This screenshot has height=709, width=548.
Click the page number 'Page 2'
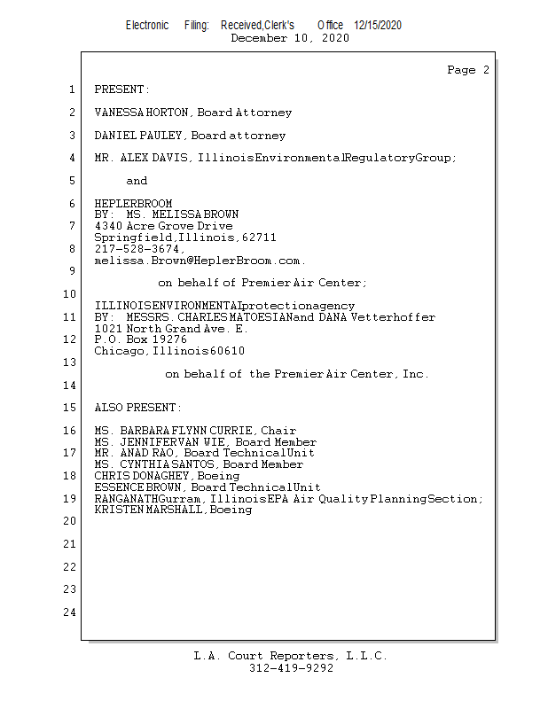coord(468,70)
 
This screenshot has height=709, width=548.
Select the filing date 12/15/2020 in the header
coord(378,26)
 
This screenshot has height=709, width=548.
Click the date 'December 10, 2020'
coord(290,38)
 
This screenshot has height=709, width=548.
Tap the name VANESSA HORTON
coord(142,113)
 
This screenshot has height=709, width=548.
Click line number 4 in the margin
coord(71,158)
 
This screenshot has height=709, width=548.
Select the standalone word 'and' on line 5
coord(137,181)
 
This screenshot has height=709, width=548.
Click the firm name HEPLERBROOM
coord(133,204)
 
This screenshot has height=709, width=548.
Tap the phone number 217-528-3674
coord(137,249)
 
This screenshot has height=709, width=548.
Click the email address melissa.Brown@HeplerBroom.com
coord(200,261)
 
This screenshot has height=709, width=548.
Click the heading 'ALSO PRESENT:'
coord(137,408)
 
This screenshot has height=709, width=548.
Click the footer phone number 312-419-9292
coord(291,668)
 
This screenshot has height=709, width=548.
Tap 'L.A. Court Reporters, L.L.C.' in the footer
coord(291,656)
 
